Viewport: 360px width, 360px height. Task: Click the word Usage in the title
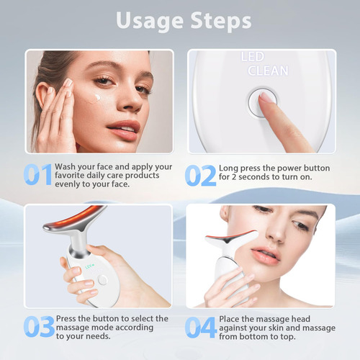coord(150,22)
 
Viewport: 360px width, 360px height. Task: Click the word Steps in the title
coord(221,21)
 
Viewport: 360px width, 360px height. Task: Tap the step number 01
coord(38,174)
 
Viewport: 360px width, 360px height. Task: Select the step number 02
coord(201,176)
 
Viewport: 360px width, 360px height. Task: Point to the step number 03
coord(39,326)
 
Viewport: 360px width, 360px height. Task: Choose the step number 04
coord(201,328)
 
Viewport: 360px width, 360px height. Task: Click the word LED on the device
coord(253,57)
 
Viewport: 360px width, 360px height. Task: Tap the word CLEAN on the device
coord(268,71)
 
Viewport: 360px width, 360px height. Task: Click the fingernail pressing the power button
coord(266,97)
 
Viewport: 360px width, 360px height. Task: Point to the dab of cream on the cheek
coord(98,97)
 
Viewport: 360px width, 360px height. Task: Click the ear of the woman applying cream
coord(42,95)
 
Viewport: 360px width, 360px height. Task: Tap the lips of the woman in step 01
coord(125,130)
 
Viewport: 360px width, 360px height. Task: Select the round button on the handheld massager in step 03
coord(102,280)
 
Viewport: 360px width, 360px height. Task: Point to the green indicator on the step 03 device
coord(89,267)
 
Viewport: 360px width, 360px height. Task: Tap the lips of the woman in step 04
coord(265,256)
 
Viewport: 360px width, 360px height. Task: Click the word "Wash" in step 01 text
coord(65,166)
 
